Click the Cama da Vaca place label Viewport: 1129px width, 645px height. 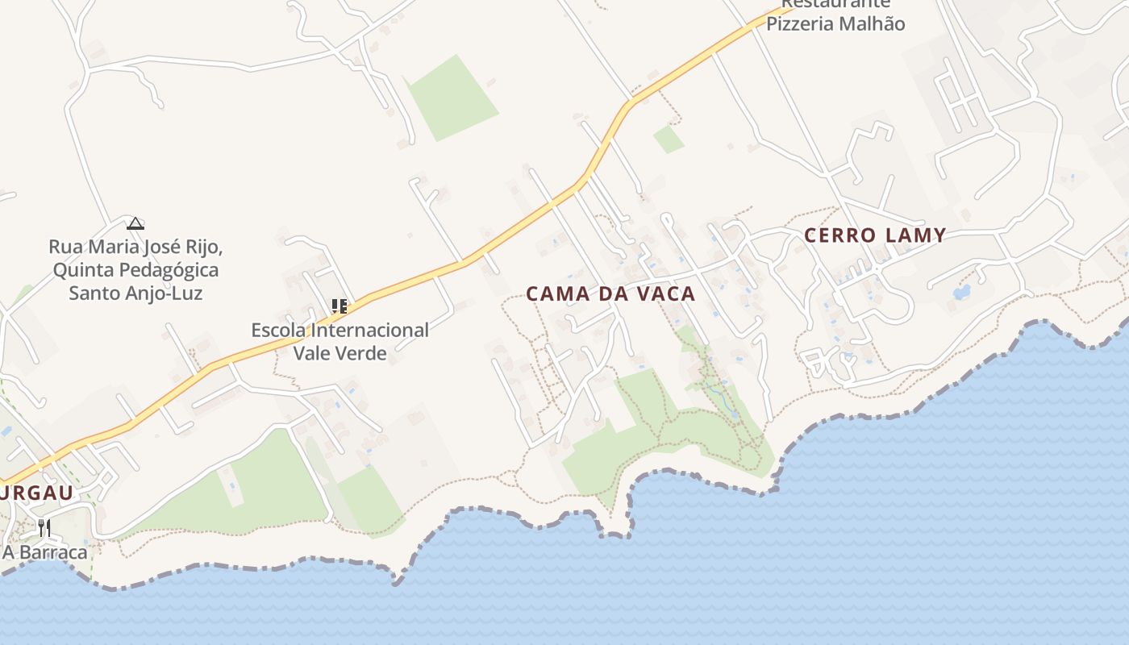click(610, 294)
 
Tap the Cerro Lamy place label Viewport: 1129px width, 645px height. click(875, 235)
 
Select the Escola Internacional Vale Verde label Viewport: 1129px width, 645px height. click(340, 341)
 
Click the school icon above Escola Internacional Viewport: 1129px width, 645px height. click(340, 306)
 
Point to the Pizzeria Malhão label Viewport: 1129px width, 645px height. click(835, 24)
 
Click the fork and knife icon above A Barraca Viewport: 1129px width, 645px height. click(44, 528)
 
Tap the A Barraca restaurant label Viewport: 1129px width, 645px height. click(45, 552)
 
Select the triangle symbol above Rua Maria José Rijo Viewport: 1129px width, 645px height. click(135, 223)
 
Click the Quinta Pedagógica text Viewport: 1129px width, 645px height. click(135, 269)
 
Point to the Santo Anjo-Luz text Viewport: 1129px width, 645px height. click(135, 293)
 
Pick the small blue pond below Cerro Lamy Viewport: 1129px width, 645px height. click(961, 292)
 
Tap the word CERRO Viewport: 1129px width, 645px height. click(840, 235)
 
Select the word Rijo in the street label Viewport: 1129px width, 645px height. click(205, 246)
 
